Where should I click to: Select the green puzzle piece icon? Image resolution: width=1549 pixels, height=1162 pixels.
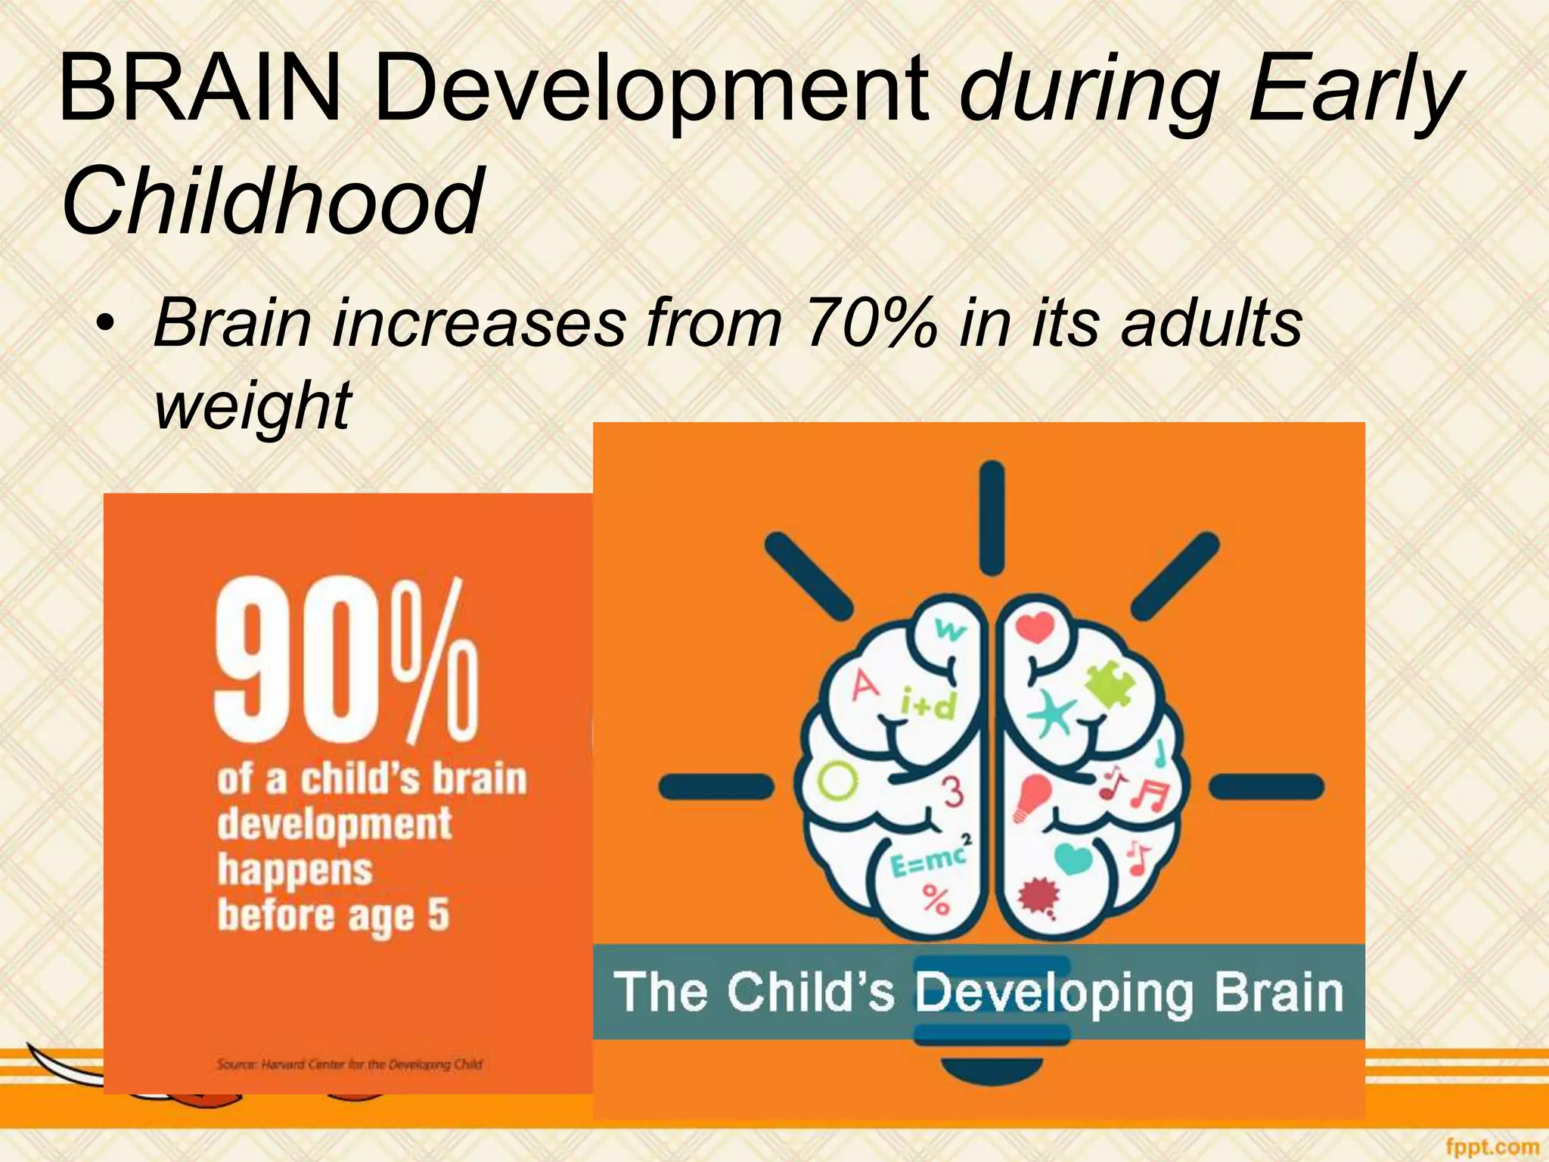(x=1110, y=684)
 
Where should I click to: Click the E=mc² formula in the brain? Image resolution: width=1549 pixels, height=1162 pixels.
(x=930, y=860)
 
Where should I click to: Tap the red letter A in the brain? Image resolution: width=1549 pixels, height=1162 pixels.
(x=865, y=686)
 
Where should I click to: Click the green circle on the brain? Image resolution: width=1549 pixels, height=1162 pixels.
(x=838, y=781)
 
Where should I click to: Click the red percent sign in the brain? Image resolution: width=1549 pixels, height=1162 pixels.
(x=936, y=900)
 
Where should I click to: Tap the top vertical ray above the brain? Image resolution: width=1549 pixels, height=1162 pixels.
(x=991, y=518)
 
